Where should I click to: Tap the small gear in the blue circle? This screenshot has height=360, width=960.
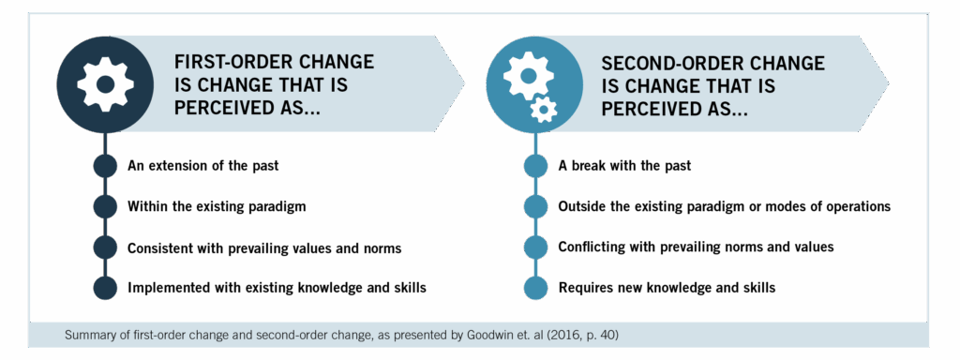coord(542,111)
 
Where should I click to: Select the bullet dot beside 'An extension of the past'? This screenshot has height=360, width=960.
coord(106,166)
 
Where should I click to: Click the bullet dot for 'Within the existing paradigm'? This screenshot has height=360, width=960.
coord(106,206)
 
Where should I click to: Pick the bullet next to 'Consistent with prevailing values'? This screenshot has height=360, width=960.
coord(106,247)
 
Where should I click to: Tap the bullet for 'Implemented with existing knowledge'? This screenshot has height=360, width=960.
coord(106,287)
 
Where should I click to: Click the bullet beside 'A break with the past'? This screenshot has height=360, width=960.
coord(535,166)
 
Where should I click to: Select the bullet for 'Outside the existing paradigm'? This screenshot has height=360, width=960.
coord(535,206)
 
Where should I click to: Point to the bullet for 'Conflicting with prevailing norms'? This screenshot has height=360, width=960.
coord(535,247)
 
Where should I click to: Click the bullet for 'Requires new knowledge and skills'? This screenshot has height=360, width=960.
coord(535,287)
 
